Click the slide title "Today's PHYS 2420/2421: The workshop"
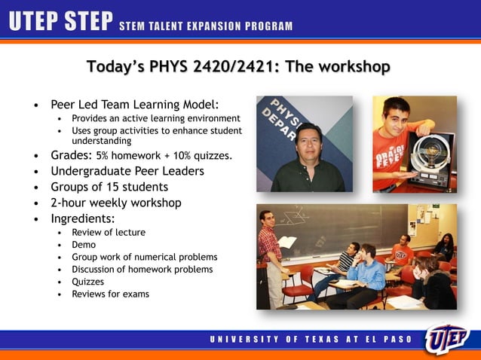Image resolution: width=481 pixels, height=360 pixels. [x=238, y=67]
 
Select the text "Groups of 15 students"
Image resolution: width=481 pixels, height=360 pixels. [x=109, y=187]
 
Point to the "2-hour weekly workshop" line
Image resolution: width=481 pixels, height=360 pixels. [x=115, y=203]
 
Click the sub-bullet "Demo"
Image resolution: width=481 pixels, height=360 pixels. [x=84, y=245]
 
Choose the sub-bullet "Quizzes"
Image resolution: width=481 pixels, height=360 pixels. [x=88, y=282]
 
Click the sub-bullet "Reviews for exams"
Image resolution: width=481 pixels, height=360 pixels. [x=110, y=294]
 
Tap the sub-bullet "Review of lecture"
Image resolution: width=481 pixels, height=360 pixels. [x=109, y=233]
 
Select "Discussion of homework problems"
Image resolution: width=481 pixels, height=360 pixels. [x=142, y=269]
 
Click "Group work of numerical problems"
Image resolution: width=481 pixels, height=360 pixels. [x=144, y=257]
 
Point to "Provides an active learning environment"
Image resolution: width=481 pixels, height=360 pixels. [x=155, y=118]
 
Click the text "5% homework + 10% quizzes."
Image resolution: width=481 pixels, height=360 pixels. [x=164, y=156]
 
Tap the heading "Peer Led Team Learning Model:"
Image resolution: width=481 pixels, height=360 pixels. [x=135, y=104]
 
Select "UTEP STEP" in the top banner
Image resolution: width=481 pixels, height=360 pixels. [x=60, y=23]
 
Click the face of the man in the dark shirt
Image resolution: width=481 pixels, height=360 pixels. [x=309, y=144]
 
